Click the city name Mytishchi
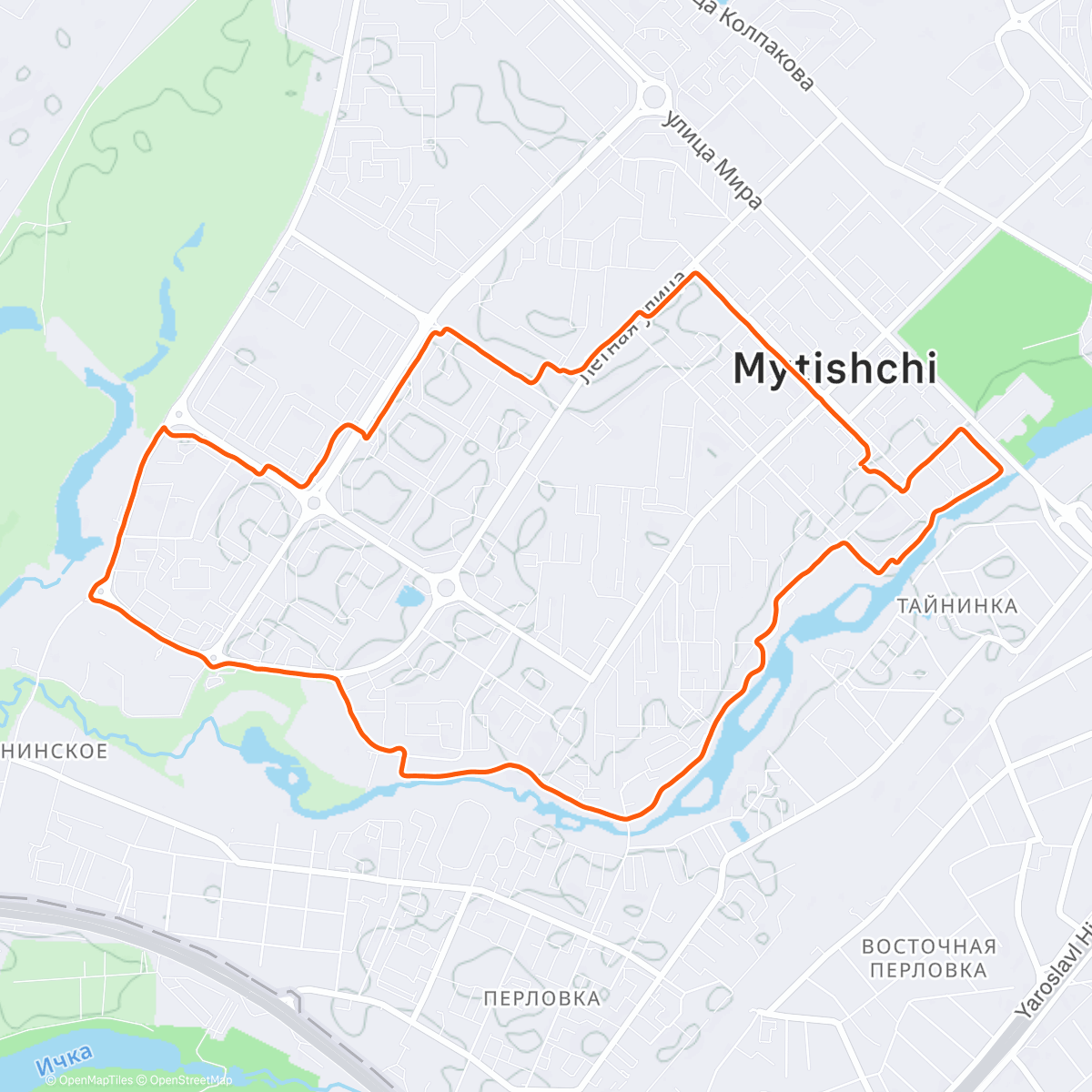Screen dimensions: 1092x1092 tap(834, 369)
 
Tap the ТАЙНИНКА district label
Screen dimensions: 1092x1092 tap(956, 606)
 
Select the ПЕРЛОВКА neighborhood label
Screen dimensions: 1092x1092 tap(541, 998)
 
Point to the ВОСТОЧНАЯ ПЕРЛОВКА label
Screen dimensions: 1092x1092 tap(928, 958)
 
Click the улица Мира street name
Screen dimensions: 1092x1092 tap(713, 160)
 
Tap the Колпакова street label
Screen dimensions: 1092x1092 tap(764, 45)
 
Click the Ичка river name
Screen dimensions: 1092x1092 tap(65, 1059)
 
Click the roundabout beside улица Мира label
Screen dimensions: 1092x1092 tap(652, 96)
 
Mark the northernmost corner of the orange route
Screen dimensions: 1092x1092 tap(696, 272)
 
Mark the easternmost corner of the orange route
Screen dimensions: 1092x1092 tap(1002, 470)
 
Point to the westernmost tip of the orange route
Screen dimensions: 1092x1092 tap(89, 596)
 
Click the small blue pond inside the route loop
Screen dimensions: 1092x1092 tap(409, 597)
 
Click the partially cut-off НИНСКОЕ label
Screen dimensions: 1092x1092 tap(55, 751)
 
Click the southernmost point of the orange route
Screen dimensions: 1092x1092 tap(626, 818)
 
